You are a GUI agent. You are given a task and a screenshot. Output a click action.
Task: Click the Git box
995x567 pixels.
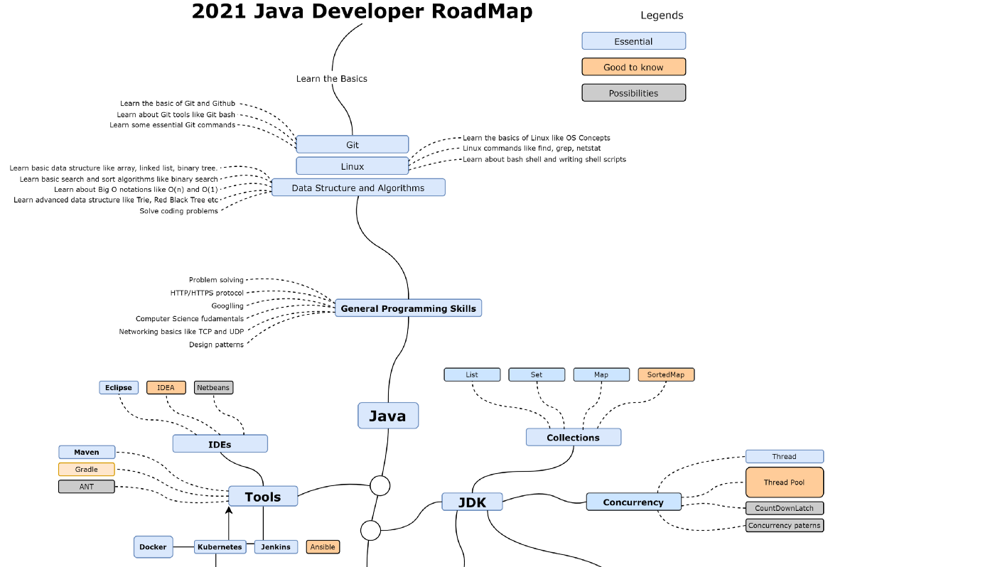(x=352, y=144)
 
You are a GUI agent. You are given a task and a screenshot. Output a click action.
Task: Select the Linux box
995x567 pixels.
(x=352, y=166)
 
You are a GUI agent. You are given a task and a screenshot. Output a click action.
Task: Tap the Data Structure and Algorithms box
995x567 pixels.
(x=358, y=188)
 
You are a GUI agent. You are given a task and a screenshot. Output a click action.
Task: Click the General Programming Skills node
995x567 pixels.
(x=408, y=308)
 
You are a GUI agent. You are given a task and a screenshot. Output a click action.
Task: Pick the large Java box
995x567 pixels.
(x=387, y=416)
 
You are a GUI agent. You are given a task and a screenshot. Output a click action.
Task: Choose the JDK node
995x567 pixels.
(x=472, y=502)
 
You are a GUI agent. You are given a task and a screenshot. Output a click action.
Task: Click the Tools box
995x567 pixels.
(x=263, y=497)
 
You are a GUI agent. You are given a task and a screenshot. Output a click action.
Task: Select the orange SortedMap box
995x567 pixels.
(x=666, y=374)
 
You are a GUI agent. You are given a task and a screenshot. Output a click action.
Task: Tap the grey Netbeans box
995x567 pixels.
(x=213, y=388)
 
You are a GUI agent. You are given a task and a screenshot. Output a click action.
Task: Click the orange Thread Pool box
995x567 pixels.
(x=784, y=482)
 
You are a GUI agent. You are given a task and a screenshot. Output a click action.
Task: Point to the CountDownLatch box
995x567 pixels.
(x=784, y=508)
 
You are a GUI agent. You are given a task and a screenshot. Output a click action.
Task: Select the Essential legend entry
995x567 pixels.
(x=633, y=41)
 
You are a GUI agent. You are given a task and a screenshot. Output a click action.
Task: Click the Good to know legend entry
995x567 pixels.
(x=633, y=67)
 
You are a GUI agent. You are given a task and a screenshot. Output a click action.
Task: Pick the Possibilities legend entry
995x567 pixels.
(x=633, y=93)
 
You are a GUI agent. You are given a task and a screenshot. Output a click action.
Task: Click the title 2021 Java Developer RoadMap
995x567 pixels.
(x=362, y=12)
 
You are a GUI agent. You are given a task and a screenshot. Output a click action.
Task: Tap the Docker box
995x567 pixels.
(x=153, y=547)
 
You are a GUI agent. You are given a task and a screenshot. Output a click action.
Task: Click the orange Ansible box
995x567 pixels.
(x=323, y=547)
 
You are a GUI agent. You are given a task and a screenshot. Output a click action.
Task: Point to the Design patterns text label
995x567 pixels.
(x=216, y=345)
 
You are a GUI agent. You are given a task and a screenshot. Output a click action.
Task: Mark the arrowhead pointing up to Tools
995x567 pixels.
(x=229, y=509)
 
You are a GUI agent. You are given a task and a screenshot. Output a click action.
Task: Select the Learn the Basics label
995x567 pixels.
(x=332, y=79)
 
